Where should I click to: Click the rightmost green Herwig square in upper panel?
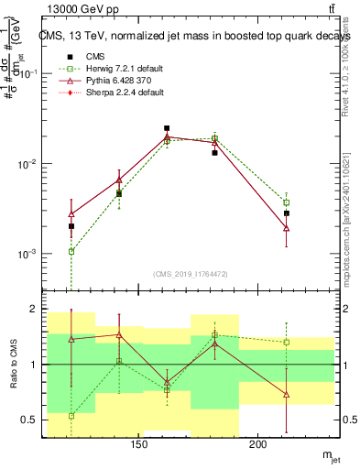click(x=287, y=202)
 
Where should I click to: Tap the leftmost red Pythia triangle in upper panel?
click(x=71, y=213)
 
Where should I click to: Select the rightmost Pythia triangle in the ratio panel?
click(x=287, y=394)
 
